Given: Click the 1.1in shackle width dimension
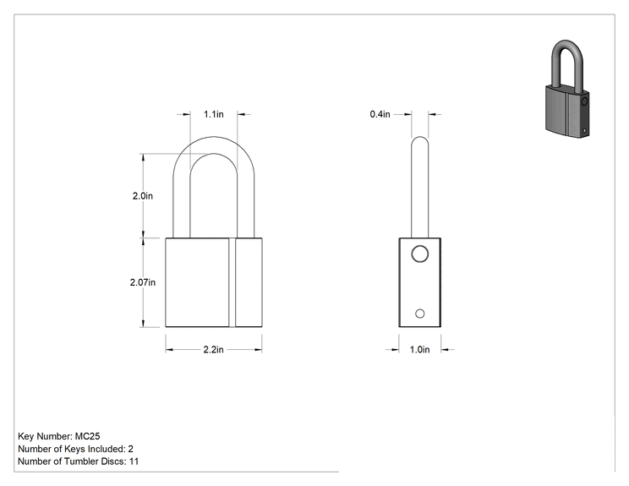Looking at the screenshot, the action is click(x=213, y=114).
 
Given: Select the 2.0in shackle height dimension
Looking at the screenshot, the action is click(x=143, y=196).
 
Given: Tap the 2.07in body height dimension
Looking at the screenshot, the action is click(x=143, y=282).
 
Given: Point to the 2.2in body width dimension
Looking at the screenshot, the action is click(x=213, y=350).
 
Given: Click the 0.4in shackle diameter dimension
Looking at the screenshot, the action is click(x=380, y=114).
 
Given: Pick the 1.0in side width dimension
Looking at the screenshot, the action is click(x=419, y=350).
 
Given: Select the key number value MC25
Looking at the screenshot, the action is click(x=87, y=436).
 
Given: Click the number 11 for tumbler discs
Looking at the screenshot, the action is click(x=134, y=461).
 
